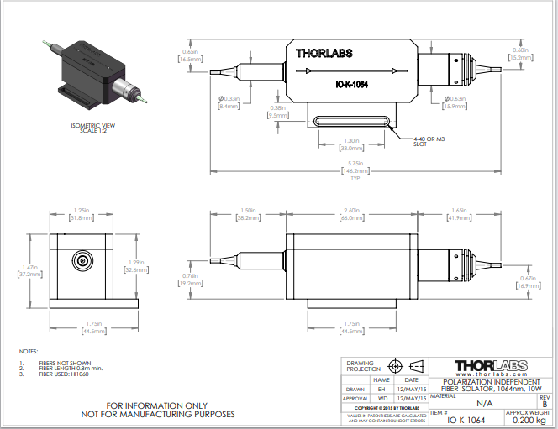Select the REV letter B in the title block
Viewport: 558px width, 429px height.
544,404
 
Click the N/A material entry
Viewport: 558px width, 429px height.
461,403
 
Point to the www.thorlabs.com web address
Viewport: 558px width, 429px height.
491,374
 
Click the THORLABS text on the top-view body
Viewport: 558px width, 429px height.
324,53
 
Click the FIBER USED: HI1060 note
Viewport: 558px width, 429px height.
66,374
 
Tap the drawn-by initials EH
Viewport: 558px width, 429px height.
382,389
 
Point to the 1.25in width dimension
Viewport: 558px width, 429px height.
82,211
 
